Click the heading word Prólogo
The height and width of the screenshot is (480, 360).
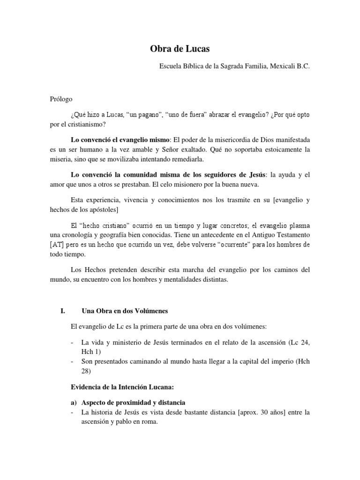61,99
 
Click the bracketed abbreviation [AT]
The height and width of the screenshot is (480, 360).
57,245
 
